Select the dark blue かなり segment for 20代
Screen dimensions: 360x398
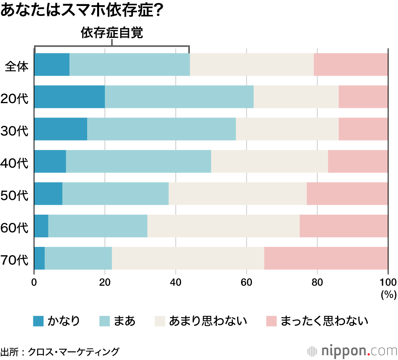(x=69, y=97)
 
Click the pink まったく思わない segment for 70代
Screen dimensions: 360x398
(x=326, y=258)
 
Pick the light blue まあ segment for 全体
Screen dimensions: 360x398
(x=129, y=65)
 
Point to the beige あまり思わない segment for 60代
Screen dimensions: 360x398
(x=223, y=226)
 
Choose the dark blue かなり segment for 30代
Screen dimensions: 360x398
(x=60, y=129)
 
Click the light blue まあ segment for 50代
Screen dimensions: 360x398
(x=115, y=194)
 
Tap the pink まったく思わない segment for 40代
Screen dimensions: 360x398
(x=358, y=161)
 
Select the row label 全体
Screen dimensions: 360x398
(x=17, y=67)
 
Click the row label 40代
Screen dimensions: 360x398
(x=15, y=163)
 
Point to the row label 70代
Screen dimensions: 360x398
(x=15, y=260)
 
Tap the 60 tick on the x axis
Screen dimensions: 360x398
(x=246, y=283)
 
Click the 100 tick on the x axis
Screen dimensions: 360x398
(x=388, y=283)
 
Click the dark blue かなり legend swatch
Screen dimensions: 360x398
(x=38, y=321)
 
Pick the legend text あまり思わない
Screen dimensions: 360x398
(x=208, y=321)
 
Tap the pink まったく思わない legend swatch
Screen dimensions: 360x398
(x=271, y=321)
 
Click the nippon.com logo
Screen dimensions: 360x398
(x=352, y=351)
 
